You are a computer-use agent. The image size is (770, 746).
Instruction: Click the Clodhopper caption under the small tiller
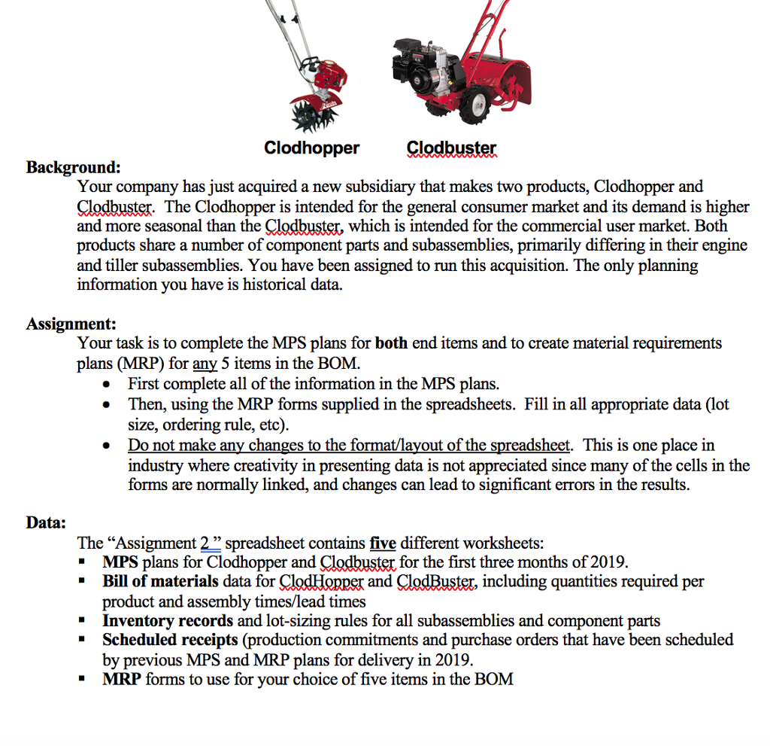311,148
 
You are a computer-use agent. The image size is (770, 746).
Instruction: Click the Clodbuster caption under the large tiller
451,148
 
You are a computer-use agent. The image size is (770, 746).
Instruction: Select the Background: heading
73,166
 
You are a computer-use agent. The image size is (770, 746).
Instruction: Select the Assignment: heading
71,324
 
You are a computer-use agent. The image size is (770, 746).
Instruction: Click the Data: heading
46,522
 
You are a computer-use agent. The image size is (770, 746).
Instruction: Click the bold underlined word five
383,543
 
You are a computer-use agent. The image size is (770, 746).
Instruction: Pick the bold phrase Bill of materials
160,582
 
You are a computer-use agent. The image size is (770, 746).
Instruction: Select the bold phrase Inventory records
168,621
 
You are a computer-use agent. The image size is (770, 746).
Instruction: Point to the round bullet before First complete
109,385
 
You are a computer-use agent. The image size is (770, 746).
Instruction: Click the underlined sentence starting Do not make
350,445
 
